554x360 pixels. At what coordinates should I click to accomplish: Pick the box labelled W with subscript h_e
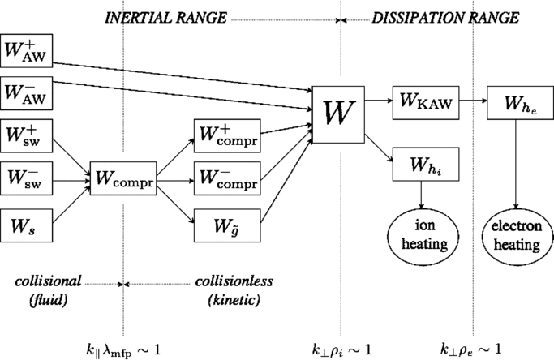(515, 101)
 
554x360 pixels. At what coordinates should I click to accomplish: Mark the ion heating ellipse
(422, 231)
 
